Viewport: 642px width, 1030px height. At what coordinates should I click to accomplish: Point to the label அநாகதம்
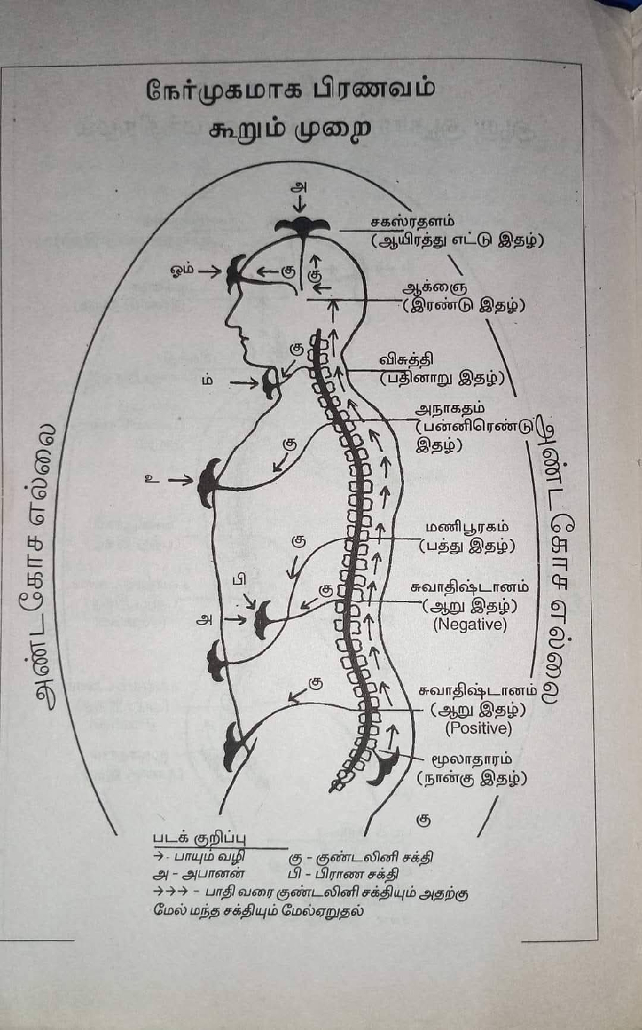(450, 408)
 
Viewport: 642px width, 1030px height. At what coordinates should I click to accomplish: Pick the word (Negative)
(470, 624)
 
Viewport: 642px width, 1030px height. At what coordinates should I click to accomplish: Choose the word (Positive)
(479, 728)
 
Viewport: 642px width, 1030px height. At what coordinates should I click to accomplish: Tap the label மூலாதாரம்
(472, 758)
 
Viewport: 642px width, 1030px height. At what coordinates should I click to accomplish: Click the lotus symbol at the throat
(270, 383)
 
